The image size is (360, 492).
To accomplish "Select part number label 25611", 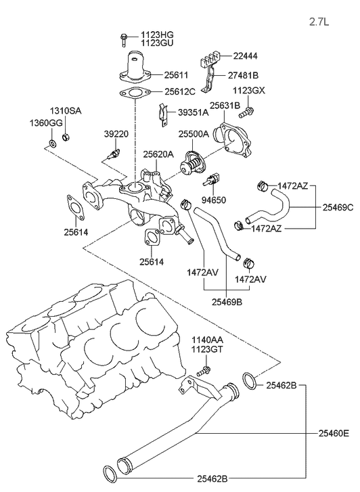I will coord(178,76).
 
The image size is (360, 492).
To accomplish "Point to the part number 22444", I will coord(248,56).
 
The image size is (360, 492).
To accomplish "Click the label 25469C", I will coord(337,207).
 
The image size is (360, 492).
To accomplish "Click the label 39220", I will coord(116,134).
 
